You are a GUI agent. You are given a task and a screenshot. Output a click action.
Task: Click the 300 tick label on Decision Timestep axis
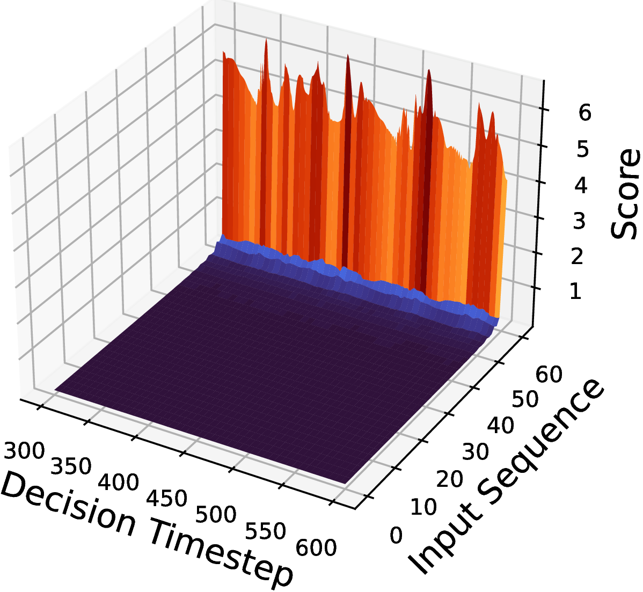[24, 451]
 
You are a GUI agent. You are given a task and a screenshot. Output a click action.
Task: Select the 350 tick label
[70, 466]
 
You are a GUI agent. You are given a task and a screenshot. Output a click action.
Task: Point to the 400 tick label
[119, 482]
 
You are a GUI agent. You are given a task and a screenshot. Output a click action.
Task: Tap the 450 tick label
[167, 498]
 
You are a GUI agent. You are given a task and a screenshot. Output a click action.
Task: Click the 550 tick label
[265, 531]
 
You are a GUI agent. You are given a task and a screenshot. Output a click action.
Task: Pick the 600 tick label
[316, 548]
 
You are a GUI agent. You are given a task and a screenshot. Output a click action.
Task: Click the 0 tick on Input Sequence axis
[396, 536]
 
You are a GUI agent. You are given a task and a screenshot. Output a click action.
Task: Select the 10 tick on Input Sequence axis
[423, 507]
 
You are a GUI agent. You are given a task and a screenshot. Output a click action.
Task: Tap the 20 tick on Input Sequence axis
[449, 479]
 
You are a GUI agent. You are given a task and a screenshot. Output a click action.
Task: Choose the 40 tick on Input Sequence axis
[500, 426]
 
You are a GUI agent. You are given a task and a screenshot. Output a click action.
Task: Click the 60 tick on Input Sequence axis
[549, 375]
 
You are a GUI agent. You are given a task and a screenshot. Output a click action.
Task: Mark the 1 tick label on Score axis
[575, 292]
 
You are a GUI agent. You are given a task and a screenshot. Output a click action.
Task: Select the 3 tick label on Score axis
[579, 221]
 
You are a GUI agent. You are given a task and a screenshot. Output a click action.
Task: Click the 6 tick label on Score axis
[585, 112]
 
